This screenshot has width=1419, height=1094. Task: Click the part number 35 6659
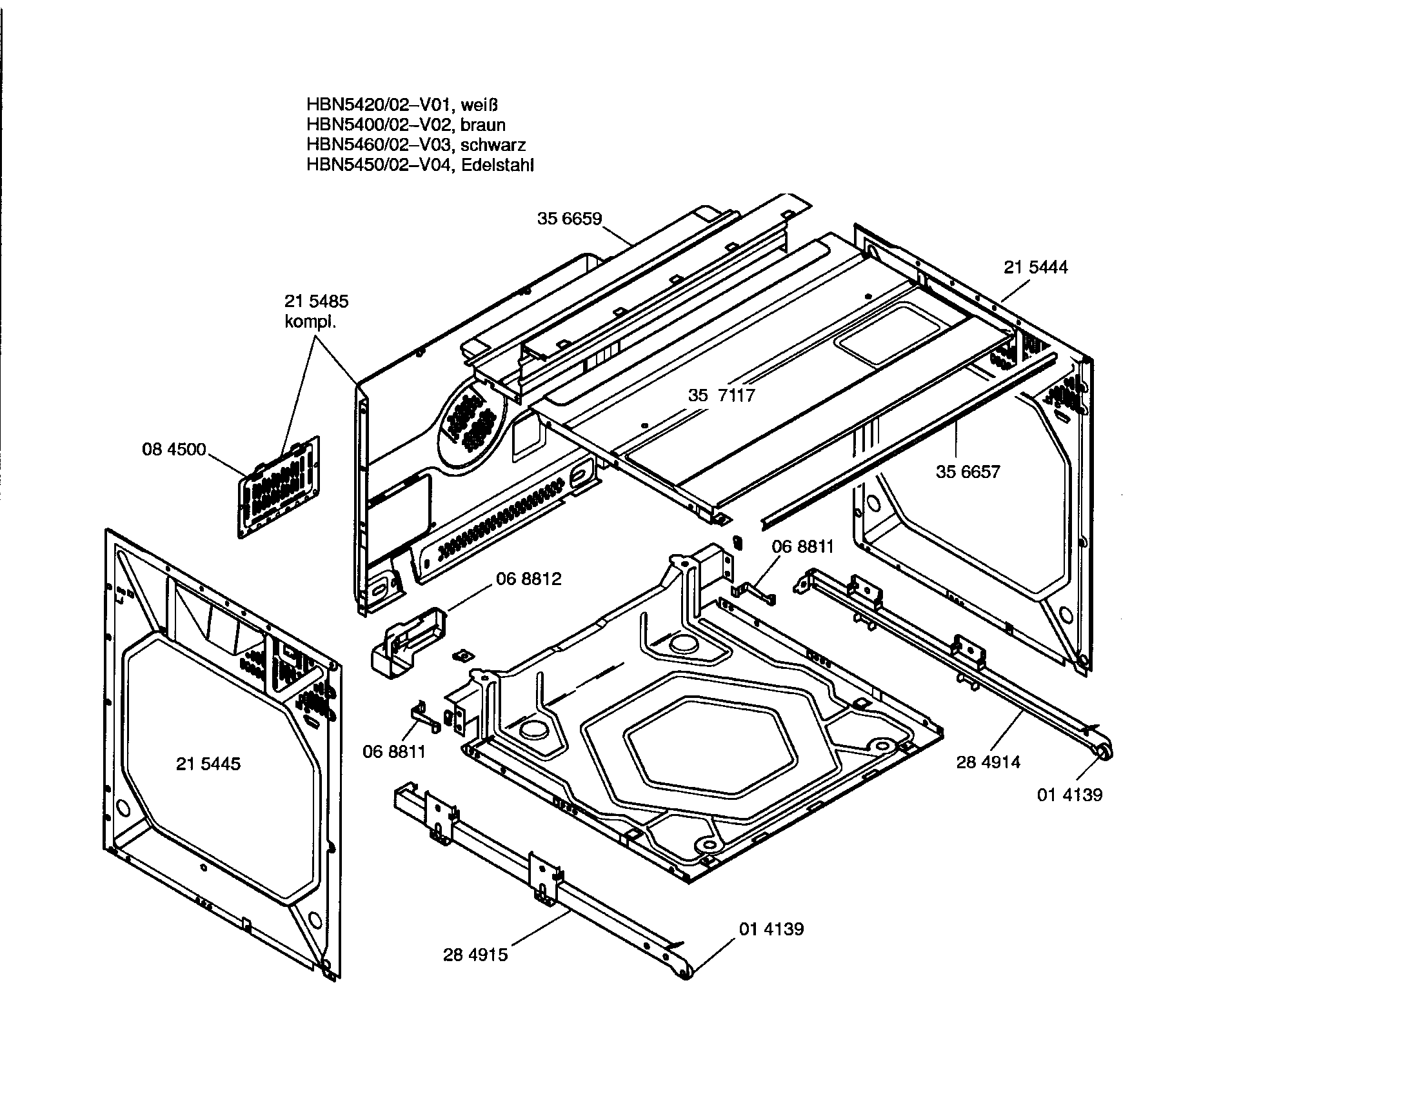click(x=569, y=219)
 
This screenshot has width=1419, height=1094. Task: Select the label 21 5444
click(x=1036, y=268)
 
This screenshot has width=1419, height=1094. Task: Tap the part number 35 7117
click(x=721, y=395)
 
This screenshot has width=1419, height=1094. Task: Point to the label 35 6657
click(x=967, y=472)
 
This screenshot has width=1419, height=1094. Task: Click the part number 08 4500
click(x=174, y=450)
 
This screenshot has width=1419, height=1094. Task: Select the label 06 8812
click(x=528, y=579)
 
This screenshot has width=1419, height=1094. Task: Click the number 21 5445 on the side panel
click(x=208, y=764)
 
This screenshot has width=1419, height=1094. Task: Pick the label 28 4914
click(x=987, y=762)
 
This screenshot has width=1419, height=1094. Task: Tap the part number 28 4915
click(x=475, y=955)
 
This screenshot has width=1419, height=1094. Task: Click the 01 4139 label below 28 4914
click(x=1069, y=795)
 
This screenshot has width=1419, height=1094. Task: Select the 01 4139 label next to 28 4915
click(x=771, y=929)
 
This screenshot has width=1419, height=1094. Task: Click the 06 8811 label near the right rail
click(x=802, y=546)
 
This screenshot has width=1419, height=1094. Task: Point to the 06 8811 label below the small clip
click(x=393, y=751)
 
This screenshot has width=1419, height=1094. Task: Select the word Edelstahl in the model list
click(x=497, y=165)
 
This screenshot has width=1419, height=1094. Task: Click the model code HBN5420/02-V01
click(x=379, y=104)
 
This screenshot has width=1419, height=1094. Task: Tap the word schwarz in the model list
click(x=493, y=145)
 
